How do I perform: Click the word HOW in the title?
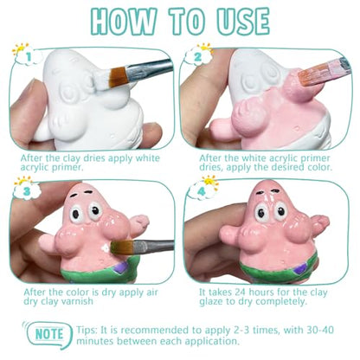[x=124, y=22]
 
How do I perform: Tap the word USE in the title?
[x=244, y=22]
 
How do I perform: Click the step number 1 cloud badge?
[x=28, y=55]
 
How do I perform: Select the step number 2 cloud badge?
[x=199, y=55]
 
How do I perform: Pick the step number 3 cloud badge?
[x=27, y=190]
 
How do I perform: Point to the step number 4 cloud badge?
[x=202, y=190]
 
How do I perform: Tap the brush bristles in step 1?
[x=118, y=77]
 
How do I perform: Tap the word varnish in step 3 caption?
[x=77, y=301]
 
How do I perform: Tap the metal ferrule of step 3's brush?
[x=145, y=247]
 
